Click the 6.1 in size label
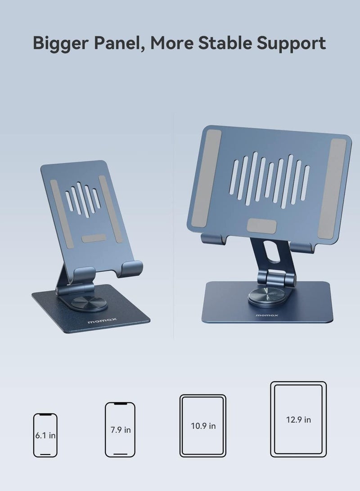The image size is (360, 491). pyautogui.click(x=45, y=436)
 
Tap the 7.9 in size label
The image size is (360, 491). pyautogui.click(x=121, y=430)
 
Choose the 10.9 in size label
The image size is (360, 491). pyautogui.click(x=202, y=426)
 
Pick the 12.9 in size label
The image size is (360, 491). pyautogui.click(x=298, y=419)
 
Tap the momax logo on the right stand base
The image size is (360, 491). pyautogui.click(x=267, y=315)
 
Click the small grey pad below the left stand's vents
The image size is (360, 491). pyautogui.click(x=94, y=238)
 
